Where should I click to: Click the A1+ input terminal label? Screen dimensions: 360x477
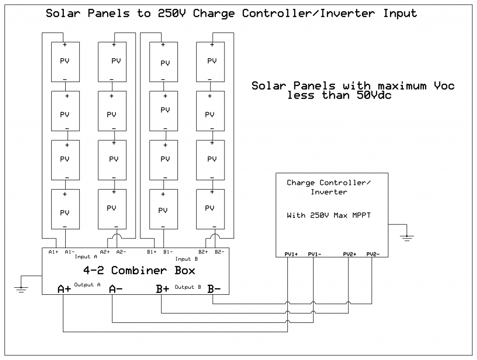[x=53, y=252]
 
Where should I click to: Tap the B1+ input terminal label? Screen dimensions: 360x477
[x=151, y=252]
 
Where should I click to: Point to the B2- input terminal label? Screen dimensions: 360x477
[x=219, y=252]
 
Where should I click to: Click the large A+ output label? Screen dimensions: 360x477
[x=64, y=289]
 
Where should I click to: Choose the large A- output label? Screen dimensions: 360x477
[x=116, y=289]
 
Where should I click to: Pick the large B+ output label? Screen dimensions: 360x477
[x=163, y=289]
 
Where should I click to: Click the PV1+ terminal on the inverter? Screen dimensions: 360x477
[x=291, y=254]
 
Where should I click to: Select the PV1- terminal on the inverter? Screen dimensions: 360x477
[x=315, y=254]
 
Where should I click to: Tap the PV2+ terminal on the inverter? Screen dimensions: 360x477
[x=349, y=254]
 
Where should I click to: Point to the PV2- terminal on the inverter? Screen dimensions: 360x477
[x=373, y=254]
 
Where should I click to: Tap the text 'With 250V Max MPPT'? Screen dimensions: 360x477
[x=331, y=216]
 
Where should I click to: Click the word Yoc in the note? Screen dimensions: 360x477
[x=442, y=86]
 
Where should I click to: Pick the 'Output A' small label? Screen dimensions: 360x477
[x=87, y=284]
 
